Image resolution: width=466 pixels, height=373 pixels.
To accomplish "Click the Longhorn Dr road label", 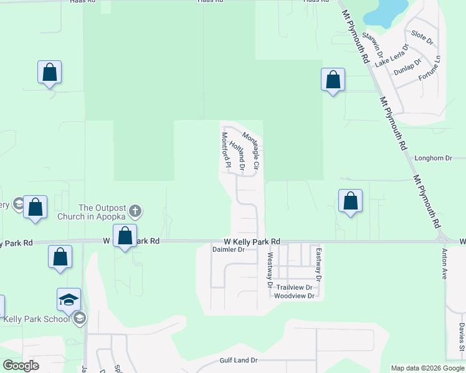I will [433, 159].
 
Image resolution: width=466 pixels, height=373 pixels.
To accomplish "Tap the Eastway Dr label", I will [318, 264].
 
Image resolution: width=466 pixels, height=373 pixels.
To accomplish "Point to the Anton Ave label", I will [445, 264].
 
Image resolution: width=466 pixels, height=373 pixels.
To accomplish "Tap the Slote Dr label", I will [422, 36].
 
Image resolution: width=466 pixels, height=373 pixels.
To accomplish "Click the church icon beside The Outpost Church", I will [136, 212].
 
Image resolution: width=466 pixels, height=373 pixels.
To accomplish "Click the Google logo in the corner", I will [21, 366].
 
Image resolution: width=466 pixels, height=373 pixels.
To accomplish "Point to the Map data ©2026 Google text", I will [427, 368].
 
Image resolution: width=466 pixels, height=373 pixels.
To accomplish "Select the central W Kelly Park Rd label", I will [252, 241].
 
